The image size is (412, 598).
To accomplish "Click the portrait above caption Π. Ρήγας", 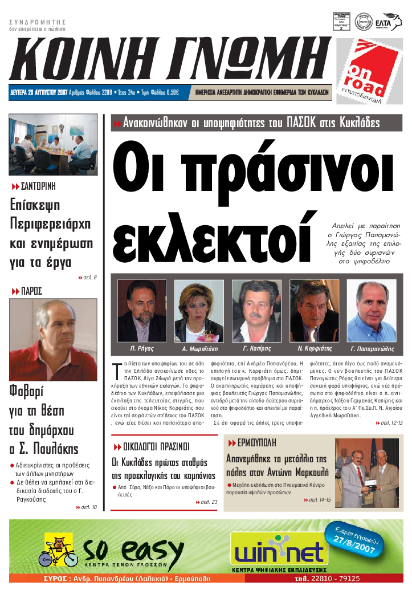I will pos(142,311).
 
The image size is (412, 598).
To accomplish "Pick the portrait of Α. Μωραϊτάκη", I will pos(199,311).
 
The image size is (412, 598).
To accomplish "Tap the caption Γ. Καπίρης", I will pos(256,348).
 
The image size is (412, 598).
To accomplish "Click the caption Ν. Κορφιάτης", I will pos(314,348).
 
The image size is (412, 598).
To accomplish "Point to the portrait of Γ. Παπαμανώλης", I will pos(372,311).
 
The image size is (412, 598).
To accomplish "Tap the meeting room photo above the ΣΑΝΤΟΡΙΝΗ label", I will pos(53,145).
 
